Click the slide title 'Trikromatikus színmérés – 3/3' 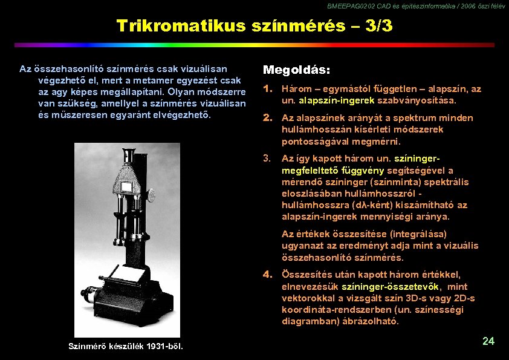pos(254,26)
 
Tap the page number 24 pos(488,341)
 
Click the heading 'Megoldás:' pos(296,70)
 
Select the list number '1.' pos(268,89)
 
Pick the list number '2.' pos(268,118)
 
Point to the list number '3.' pos(268,159)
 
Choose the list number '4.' pos(268,275)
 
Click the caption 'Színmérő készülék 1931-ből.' pos(126,346)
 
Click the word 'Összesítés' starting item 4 pos(306,275)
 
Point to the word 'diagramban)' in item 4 pos(307,321)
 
